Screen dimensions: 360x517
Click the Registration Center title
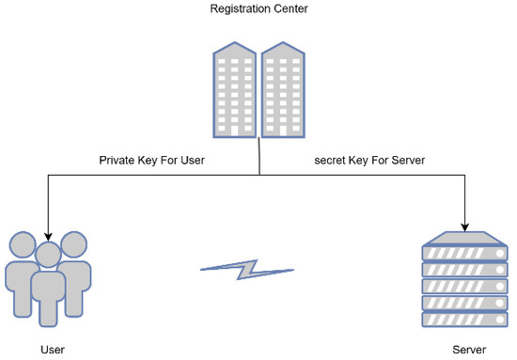[259, 9]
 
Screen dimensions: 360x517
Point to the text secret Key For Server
[369, 160]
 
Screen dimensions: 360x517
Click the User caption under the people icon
[53, 349]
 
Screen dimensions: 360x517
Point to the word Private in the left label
[117, 160]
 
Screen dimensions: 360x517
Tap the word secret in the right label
[331, 160]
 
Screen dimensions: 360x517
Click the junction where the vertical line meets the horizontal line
[259, 175]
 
